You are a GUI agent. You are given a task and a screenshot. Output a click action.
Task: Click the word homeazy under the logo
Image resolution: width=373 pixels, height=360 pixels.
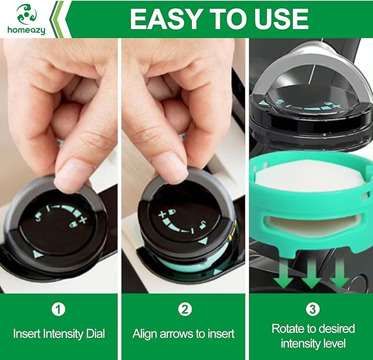click(26, 31)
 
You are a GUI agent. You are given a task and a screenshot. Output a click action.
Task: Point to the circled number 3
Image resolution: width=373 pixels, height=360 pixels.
click(313, 309)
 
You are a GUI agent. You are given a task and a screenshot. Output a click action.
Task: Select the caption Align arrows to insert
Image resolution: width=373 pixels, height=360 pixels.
click(184, 334)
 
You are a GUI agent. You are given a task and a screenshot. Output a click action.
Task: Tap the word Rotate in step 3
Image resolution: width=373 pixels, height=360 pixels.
click(289, 329)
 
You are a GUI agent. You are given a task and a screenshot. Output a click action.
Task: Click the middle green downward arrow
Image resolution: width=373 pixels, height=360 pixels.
click(311, 274)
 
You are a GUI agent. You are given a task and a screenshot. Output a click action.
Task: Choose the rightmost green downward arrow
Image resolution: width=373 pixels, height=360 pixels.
click(338, 273)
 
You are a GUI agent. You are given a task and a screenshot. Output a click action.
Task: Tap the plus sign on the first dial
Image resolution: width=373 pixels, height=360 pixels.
click(83, 220)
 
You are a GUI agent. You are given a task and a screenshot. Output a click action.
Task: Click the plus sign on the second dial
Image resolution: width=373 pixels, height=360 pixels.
click(163, 214)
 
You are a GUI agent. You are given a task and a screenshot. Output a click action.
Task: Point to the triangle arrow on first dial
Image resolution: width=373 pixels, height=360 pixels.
click(37, 254)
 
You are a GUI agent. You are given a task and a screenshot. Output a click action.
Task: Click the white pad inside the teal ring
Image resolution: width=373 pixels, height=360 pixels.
click(308, 190)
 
